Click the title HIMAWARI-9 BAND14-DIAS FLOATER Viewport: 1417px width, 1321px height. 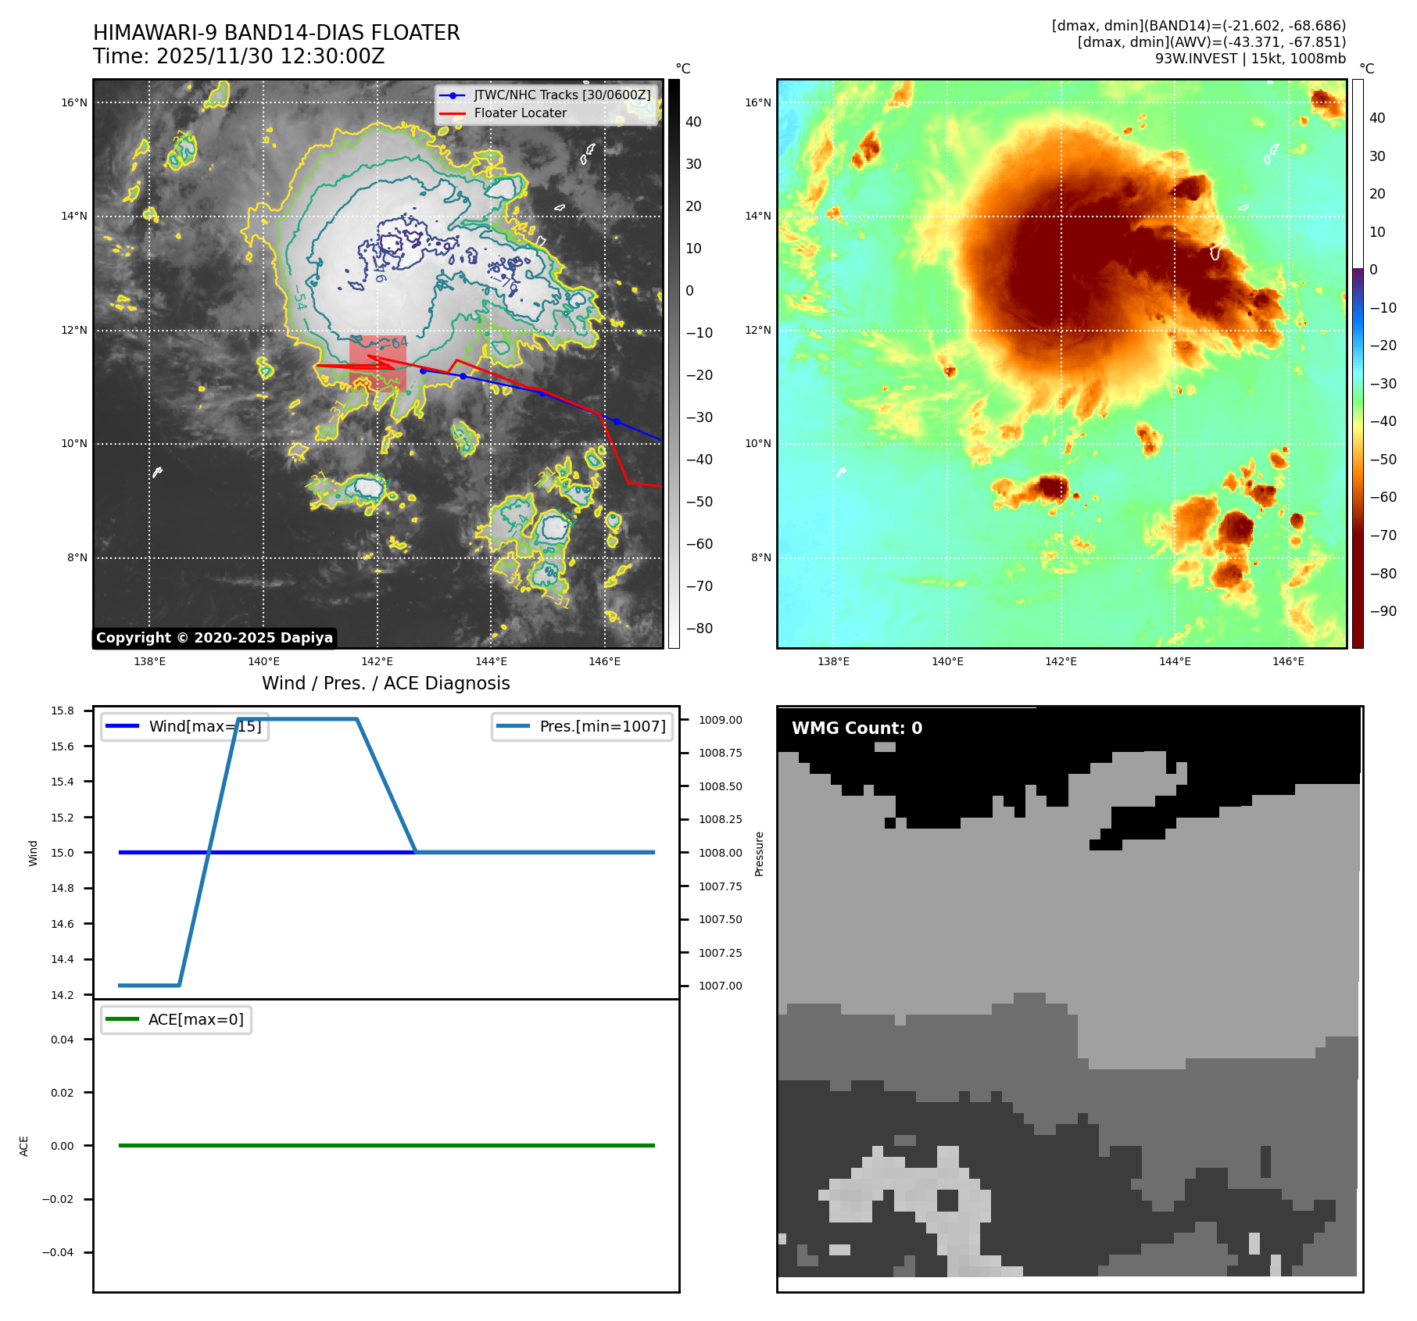(x=276, y=33)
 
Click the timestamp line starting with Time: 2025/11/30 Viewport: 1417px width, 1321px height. (x=238, y=56)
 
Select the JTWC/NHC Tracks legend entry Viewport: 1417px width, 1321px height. (x=561, y=95)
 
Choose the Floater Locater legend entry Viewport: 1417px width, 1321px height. (x=520, y=113)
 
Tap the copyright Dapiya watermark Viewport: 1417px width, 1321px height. (x=214, y=638)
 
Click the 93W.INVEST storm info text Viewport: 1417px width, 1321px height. (x=1250, y=59)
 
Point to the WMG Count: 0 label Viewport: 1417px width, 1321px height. (x=857, y=728)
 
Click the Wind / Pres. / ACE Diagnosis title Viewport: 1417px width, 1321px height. (x=385, y=683)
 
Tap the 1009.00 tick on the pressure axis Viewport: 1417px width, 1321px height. (x=720, y=720)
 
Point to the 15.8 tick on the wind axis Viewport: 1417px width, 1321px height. (x=63, y=711)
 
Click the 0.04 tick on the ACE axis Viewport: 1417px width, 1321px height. (x=63, y=1040)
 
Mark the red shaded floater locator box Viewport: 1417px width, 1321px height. (x=378, y=363)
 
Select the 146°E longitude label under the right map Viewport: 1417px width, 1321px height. (x=1288, y=661)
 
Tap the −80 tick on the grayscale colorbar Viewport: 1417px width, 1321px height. (x=699, y=628)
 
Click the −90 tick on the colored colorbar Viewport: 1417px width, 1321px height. (x=1383, y=611)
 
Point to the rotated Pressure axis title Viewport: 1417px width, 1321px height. (x=759, y=854)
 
